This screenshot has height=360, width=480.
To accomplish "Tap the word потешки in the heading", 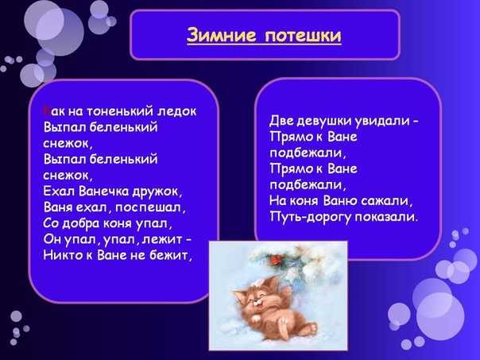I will point(302,36).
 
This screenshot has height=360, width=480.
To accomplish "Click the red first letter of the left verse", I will point(46,111).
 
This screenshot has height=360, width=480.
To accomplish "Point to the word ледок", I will point(177,111).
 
